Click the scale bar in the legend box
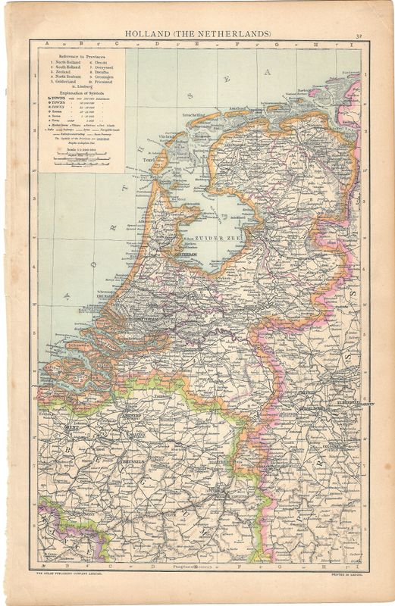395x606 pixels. (x=80, y=160)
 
